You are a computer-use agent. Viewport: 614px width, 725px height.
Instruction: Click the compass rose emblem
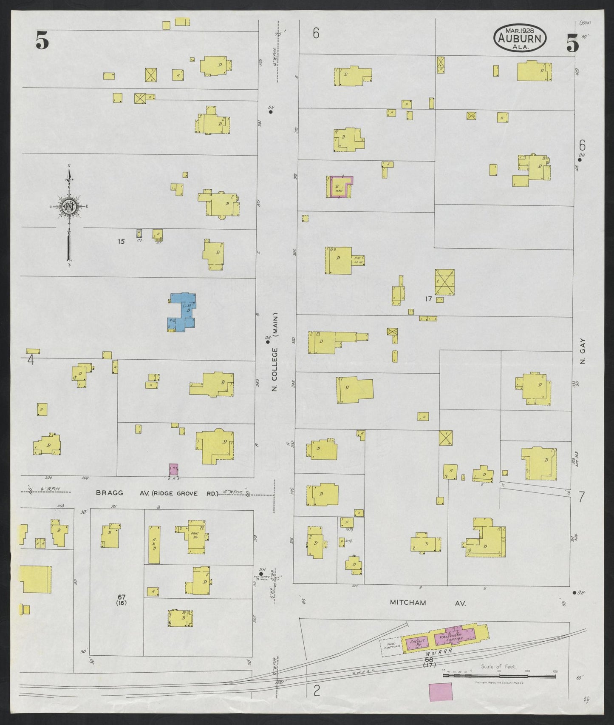click(69, 207)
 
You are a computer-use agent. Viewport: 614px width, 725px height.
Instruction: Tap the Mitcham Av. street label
click(428, 603)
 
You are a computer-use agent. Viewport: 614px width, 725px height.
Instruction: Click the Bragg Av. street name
click(110, 493)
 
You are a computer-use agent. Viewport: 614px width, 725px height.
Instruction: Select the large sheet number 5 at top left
click(42, 41)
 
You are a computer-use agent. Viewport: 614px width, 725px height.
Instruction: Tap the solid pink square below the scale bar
click(441, 703)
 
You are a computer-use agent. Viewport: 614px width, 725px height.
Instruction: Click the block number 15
click(121, 242)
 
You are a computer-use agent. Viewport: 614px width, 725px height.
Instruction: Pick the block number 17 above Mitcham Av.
click(428, 299)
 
